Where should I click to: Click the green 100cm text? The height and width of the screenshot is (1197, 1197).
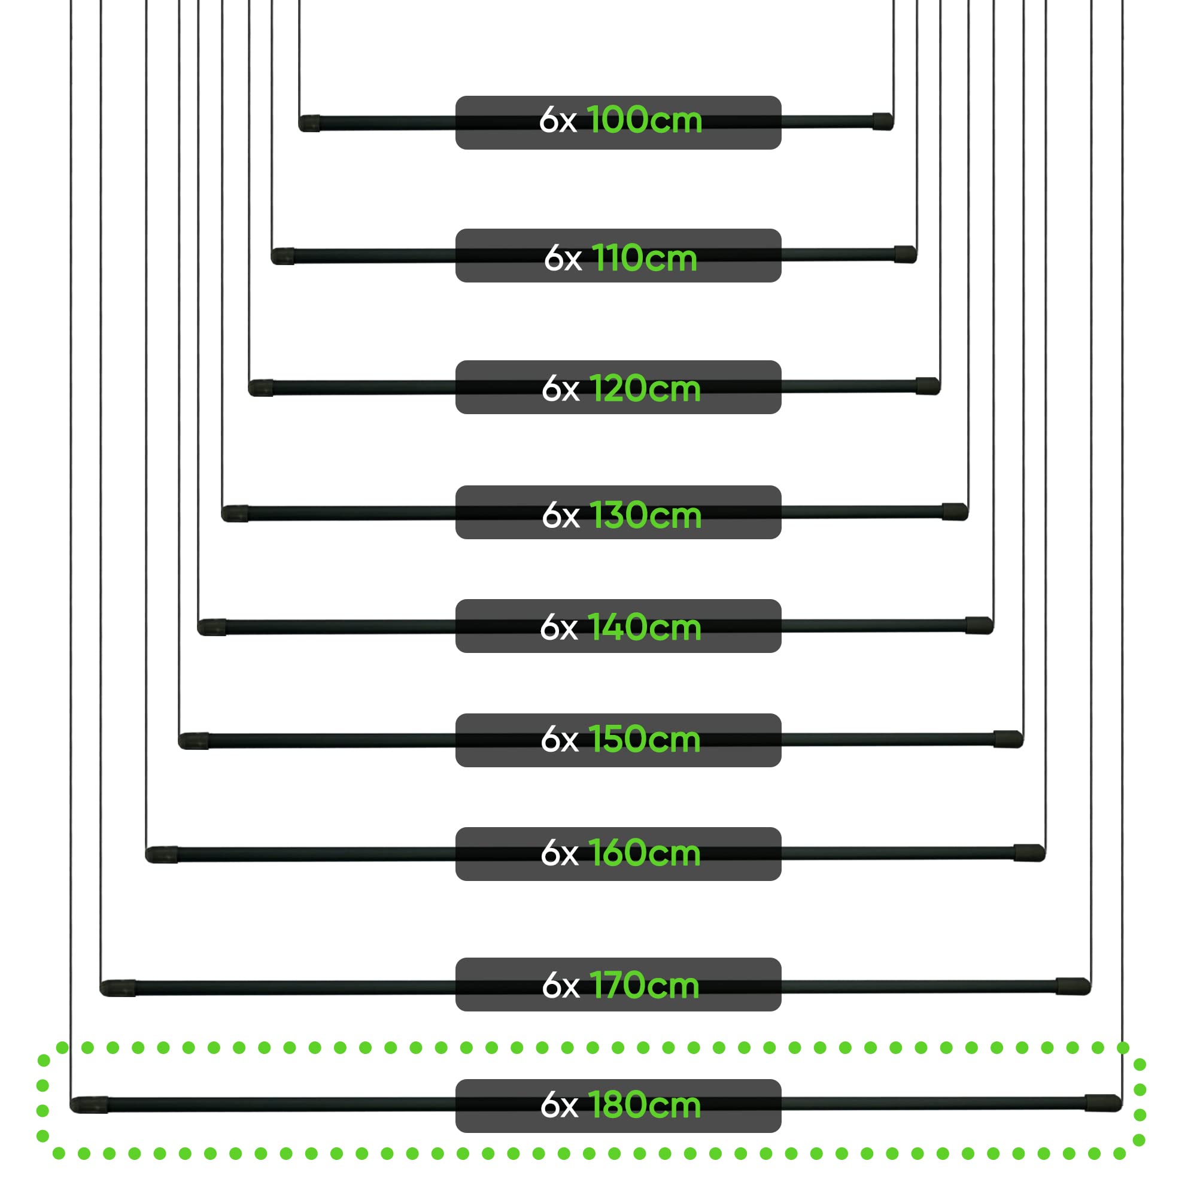(645, 120)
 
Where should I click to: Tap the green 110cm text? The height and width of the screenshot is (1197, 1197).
(645, 258)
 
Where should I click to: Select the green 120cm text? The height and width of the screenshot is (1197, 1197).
(645, 389)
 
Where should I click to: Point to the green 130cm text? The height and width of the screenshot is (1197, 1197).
(645, 515)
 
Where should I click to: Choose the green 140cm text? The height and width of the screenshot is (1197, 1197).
(645, 627)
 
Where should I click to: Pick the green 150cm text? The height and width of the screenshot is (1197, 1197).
(645, 739)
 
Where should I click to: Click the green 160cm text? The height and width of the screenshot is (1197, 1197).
(645, 852)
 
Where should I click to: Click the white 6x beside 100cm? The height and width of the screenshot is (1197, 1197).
(558, 120)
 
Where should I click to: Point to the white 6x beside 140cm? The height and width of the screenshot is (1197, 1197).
(558, 628)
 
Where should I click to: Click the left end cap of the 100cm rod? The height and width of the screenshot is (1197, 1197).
(309, 123)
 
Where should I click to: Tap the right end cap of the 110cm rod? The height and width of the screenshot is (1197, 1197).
(905, 254)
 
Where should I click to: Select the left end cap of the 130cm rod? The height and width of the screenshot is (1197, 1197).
(235, 514)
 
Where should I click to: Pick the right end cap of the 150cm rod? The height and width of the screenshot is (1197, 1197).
(1008, 739)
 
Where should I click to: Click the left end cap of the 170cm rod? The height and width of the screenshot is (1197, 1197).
(118, 988)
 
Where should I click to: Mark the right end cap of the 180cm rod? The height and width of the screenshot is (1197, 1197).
(1104, 1103)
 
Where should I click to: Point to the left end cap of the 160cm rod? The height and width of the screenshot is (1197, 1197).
(162, 855)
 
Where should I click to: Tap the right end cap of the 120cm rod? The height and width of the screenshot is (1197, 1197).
(928, 386)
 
